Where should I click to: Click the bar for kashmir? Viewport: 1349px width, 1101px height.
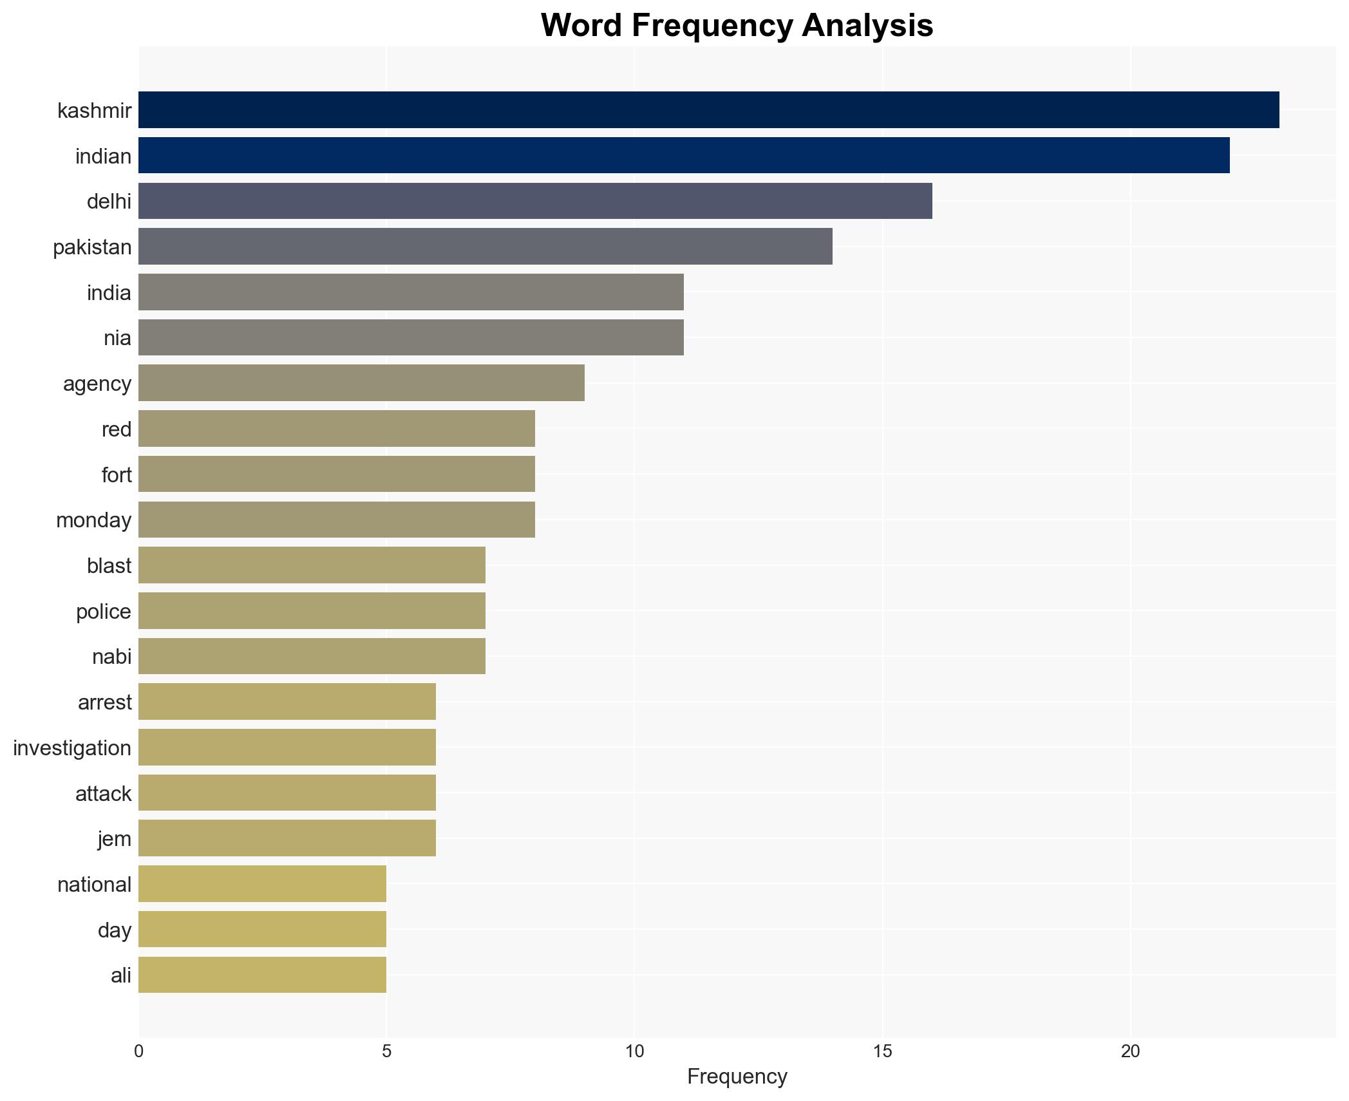click(x=708, y=110)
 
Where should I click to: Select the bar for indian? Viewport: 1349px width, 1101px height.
click(x=684, y=155)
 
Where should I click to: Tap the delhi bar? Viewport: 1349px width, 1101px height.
click(x=535, y=201)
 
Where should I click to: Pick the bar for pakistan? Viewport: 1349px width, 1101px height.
click(x=486, y=247)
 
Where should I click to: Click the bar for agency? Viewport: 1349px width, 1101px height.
click(x=361, y=383)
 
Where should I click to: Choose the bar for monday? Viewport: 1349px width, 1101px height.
click(x=337, y=520)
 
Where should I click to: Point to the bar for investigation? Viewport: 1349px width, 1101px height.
click(x=287, y=748)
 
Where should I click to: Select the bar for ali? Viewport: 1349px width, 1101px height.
click(x=262, y=975)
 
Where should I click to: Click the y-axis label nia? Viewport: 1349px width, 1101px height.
click(x=117, y=338)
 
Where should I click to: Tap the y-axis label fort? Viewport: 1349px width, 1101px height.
click(x=117, y=475)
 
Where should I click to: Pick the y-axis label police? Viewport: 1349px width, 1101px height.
click(x=104, y=612)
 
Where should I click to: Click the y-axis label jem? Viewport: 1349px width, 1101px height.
click(x=115, y=839)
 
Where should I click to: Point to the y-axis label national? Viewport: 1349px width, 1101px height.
click(x=95, y=885)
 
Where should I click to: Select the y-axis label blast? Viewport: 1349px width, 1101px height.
click(x=109, y=566)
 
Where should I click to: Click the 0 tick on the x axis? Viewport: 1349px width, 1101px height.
click(x=139, y=1051)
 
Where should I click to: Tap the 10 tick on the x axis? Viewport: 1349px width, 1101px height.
click(x=634, y=1051)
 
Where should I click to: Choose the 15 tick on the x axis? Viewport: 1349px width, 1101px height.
click(x=882, y=1051)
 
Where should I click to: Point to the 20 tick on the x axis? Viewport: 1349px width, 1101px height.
click(x=1130, y=1051)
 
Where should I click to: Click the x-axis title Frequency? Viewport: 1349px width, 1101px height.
click(x=737, y=1077)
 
